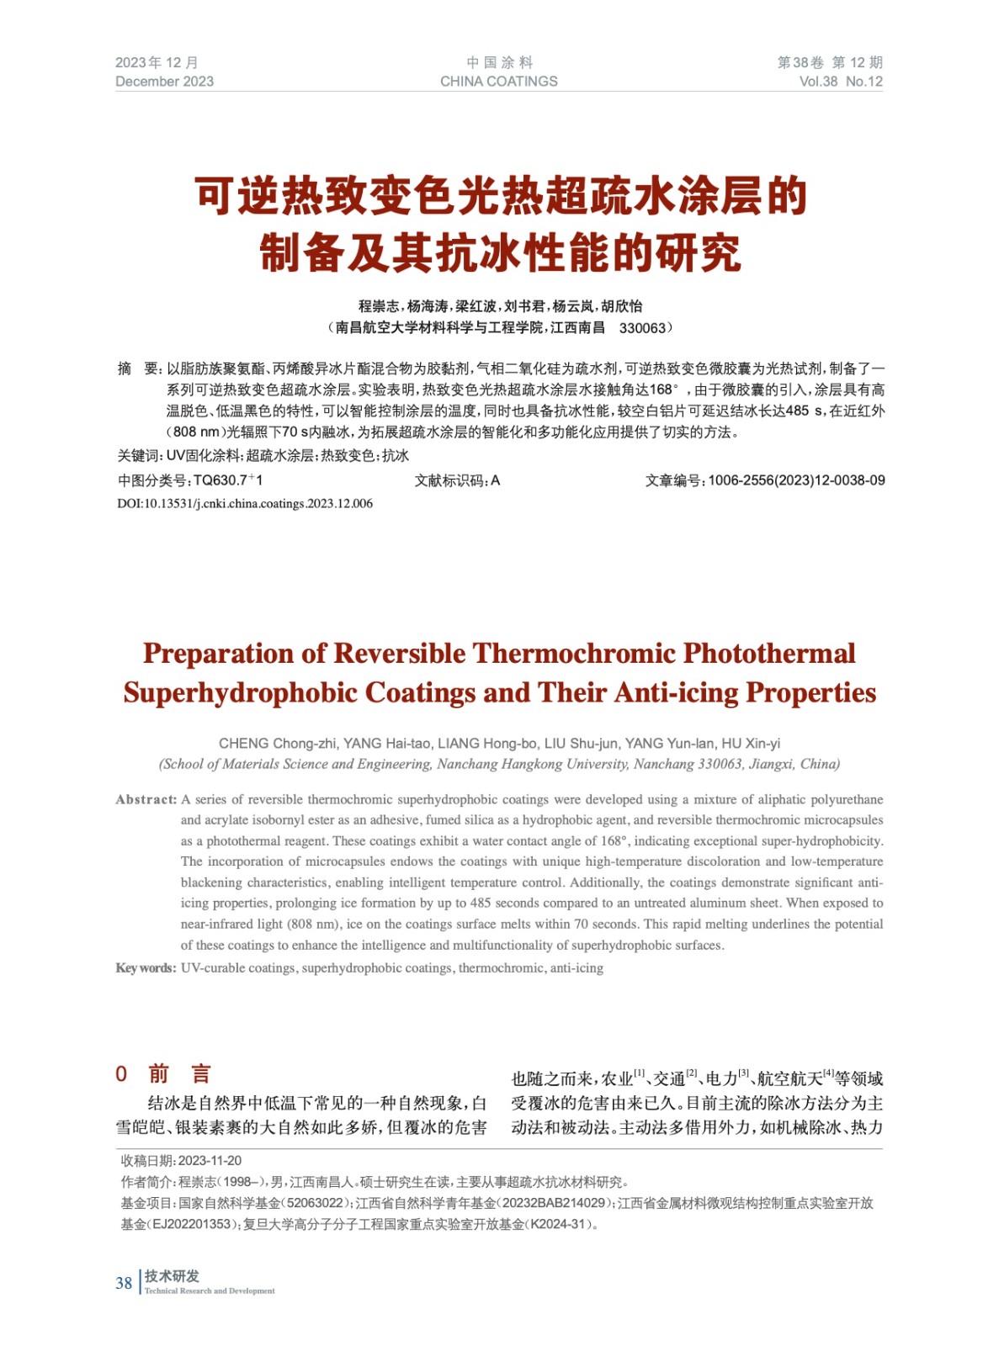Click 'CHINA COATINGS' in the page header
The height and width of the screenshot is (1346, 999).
tap(498, 82)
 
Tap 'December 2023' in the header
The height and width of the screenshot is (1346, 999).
tap(164, 82)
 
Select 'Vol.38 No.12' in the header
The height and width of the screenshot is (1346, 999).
tap(840, 82)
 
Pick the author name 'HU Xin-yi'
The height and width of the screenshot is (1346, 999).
tap(751, 744)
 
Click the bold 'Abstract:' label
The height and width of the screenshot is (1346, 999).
tap(146, 800)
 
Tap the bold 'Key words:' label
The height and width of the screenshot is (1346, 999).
tap(146, 968)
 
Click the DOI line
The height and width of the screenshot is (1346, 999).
tap(245, 504)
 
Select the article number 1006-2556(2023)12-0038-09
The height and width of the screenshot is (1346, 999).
tap(796, 481)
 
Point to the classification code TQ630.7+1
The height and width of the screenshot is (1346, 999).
tap(228, 481)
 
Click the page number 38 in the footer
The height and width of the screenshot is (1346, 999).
tap(124, 1283)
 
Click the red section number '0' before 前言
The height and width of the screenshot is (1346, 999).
tap(121, 1074)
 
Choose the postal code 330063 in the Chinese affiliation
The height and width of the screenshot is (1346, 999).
tap(641, 328)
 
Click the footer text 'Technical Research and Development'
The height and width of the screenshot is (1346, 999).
tap(210, 1291)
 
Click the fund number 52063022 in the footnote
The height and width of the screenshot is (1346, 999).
tap(315, 1204)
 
